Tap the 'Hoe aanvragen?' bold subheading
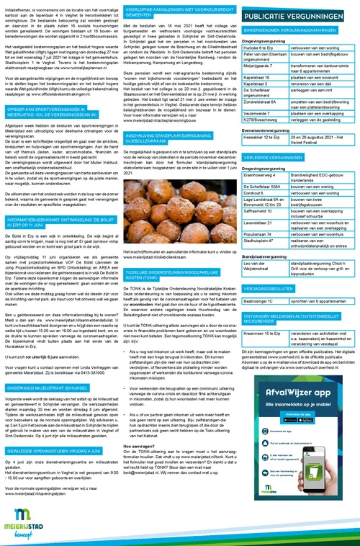[140, 447]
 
